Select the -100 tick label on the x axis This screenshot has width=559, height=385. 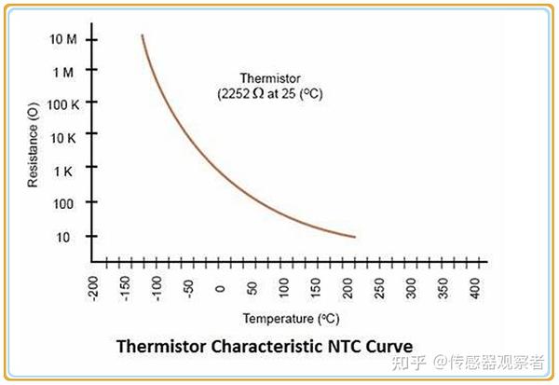157,287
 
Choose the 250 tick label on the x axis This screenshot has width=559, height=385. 379,287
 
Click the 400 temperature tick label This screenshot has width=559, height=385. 474,287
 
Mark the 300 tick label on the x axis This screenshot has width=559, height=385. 411,287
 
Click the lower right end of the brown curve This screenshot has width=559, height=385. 355,237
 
